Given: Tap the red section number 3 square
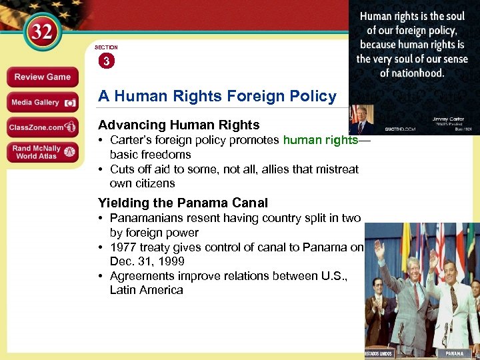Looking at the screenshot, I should coord(106,61).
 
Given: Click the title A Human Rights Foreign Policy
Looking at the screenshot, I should coord(217,96).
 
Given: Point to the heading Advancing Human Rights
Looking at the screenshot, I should coord(179,125).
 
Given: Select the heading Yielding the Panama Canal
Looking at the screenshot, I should coord(183,203).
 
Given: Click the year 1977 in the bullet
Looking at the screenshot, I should coord(123,247).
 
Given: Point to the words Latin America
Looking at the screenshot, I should coord(146,290).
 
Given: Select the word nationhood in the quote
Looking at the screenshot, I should coord(412,73).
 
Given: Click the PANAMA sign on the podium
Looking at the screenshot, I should coord(455,353).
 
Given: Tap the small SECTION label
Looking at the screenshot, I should coord(106,47).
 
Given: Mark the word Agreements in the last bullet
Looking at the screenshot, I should coord(139,276).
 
